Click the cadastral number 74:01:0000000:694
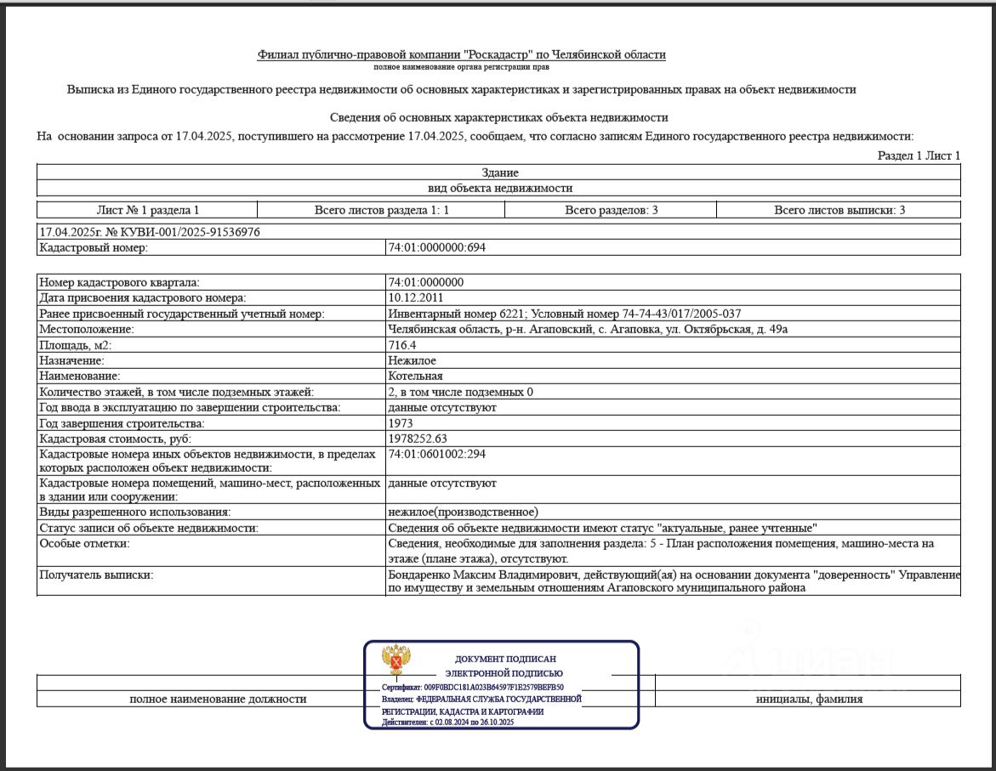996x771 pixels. pos(436,248)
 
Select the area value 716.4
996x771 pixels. pos(401,345)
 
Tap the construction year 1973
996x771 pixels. pos(400,422)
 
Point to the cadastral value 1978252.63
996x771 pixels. pos(417,439)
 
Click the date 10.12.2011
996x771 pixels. pos(414,298)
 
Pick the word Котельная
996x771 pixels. pos(415,376)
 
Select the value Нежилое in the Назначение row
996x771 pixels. pos(412,360)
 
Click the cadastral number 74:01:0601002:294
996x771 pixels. pos(436,454)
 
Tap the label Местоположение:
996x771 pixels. pos(87,329)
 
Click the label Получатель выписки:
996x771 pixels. pos(96,575)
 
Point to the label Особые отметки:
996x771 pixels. pos(84,543)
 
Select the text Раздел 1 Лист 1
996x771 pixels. pos(919,156)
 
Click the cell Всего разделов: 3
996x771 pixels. pos(611,210)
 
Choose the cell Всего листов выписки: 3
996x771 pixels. pos(839,210)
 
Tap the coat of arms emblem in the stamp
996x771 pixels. pos(396,661)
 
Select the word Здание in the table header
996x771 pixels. pos(499,173)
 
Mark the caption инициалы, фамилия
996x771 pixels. pos(809,699)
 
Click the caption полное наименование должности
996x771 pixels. pos(218,699)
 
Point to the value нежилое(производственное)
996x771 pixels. pos(463,512)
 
